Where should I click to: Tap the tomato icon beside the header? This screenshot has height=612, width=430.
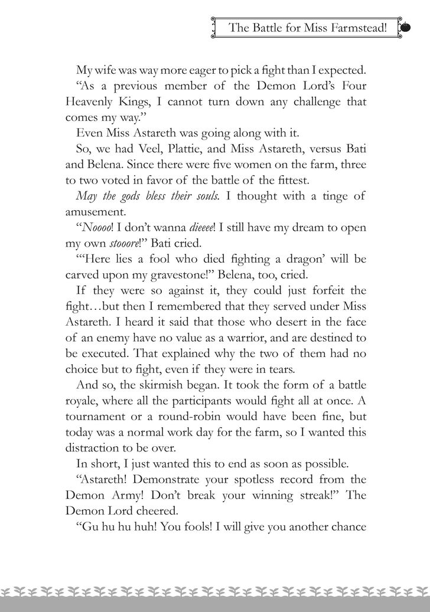click(x=406, y=27)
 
